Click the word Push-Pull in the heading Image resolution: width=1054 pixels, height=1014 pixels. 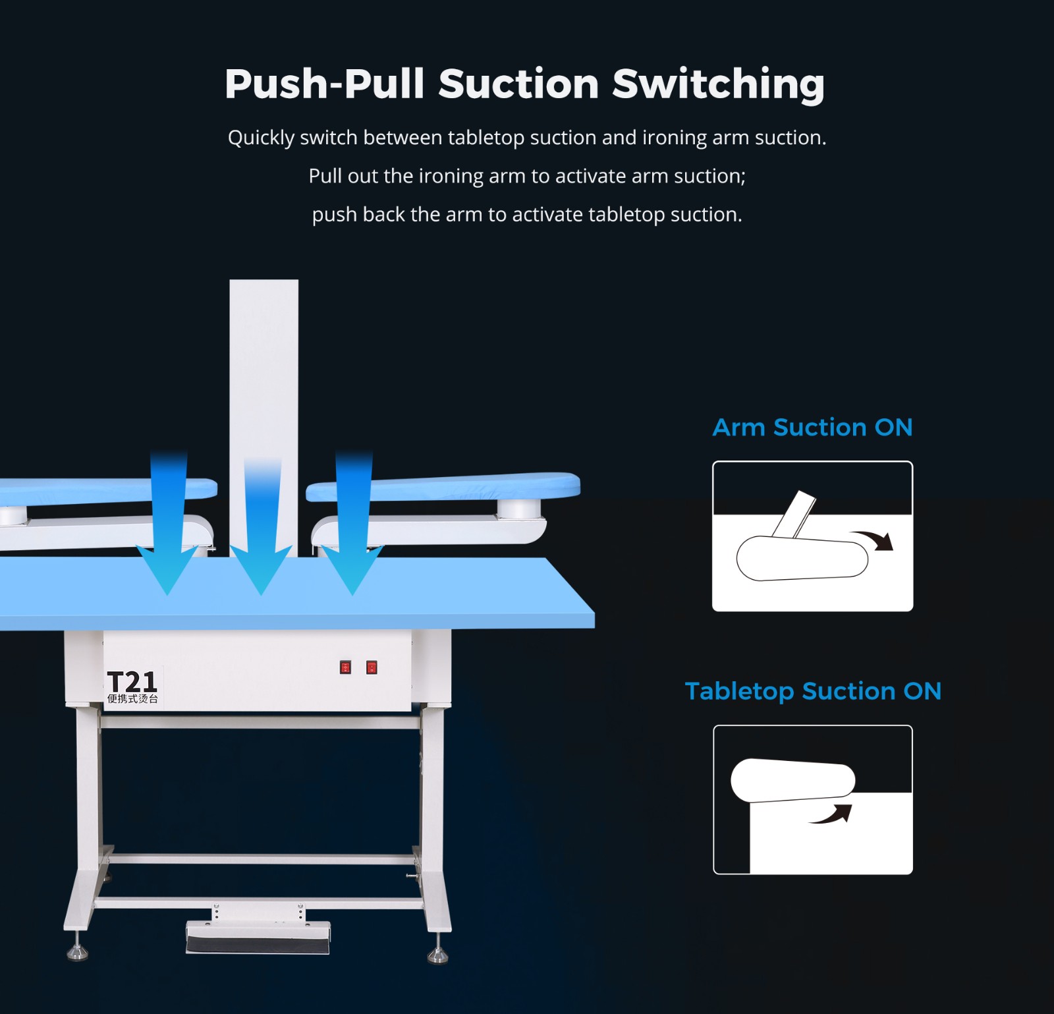pos(324,84)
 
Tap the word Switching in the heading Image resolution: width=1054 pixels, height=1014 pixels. pos(718,85)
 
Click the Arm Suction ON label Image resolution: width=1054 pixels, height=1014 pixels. pos(812,428)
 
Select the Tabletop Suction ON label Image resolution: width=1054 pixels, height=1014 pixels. pos(813,692)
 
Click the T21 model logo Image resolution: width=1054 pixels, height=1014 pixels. pos(132,681)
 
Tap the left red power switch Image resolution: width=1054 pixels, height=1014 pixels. pos(345,667)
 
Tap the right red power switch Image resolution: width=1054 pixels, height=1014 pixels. pos(372,667)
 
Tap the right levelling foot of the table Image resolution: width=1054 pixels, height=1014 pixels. pos(438,954)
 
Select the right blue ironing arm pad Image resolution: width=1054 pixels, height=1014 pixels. pos(443,486)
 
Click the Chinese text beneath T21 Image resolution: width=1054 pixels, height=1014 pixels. pos(132,699)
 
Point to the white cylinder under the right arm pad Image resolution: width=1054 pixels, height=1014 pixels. pos(518,508)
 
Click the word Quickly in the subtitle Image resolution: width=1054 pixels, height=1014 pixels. pos(262,138)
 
